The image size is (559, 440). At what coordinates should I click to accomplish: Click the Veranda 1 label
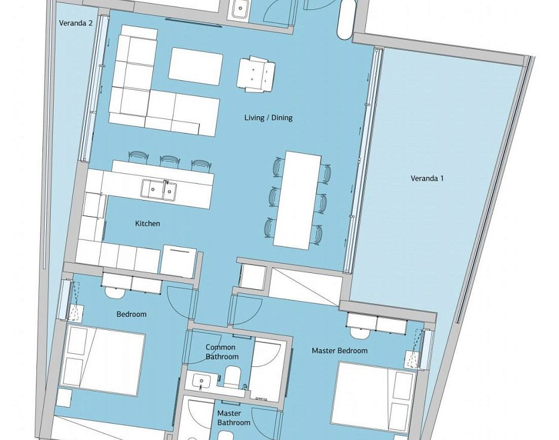click(427, 178)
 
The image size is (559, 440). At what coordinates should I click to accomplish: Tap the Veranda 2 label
click(76, 23)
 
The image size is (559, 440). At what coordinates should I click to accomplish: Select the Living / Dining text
click(268, 117)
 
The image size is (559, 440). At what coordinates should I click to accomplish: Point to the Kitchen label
click(147, 223)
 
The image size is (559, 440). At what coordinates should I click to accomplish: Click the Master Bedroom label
click(340, 350)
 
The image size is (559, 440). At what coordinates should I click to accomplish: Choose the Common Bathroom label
click(221, 351)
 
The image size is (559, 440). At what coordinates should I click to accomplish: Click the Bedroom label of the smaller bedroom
click(132, 314)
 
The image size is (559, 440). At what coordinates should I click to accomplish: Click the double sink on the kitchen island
click(159, 189)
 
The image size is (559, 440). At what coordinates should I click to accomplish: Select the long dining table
click(297, 200)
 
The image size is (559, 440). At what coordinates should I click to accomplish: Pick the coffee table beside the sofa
click(196, 66)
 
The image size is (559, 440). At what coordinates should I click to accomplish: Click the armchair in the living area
click(256, 74)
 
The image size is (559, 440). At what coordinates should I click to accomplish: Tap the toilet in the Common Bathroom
click(234, 377)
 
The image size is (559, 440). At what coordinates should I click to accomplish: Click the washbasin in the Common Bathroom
click(201, 380)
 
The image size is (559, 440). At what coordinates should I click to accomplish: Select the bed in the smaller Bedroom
click(103, 360)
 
